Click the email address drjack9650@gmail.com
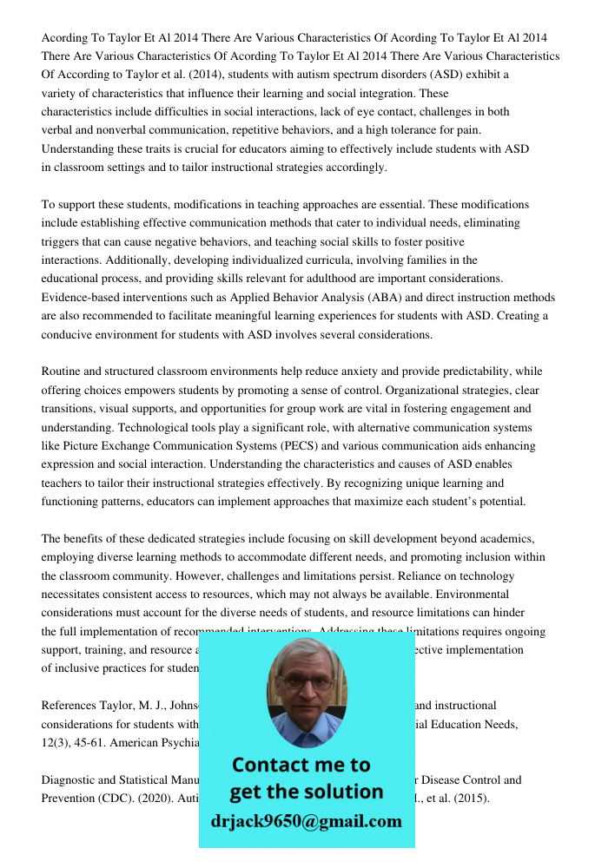tap(306, 821)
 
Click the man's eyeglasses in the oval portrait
tap(305, 682)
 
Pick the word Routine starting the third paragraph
tap(63, 371)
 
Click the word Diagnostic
tap(71, 779)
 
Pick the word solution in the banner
tap(343, 792)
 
